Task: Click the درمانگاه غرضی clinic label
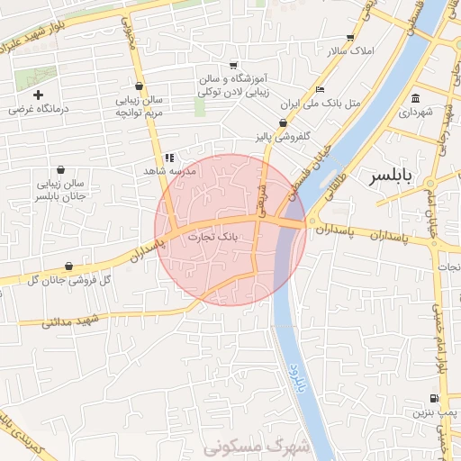click(38, 109)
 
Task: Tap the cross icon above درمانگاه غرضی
click(38, 95)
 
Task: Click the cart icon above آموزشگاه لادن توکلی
click(233, 66)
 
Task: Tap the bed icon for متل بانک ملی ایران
click(320, 90)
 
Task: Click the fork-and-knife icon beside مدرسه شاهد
click(168, 158)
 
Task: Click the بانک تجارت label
click(214, 237)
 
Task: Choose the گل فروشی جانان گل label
click(70, 280)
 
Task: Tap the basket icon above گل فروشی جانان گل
click(70, 266)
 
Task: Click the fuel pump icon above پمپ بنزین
click(435, 399)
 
